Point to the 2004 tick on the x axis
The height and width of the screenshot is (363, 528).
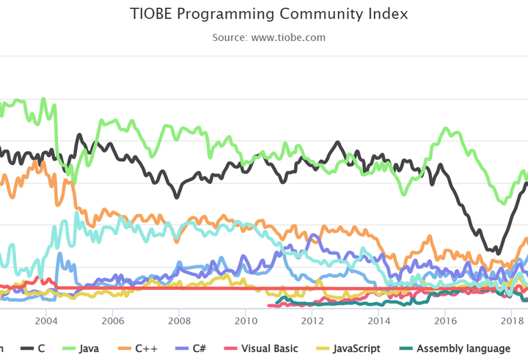(x=45, y=321)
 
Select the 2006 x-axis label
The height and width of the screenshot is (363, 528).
(x=112, y=321)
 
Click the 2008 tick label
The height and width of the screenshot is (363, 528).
(x=179, y=321)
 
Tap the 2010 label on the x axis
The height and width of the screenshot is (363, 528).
(x=246, y=321)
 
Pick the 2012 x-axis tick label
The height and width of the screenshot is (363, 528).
(x=312, y=321)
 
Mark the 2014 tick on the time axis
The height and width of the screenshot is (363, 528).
(x=379, y=321)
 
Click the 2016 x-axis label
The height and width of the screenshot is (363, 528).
(x=445, y=321)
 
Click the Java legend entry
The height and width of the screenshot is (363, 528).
(x=87, y=348)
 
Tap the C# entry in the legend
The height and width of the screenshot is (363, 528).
(x=198, y=348)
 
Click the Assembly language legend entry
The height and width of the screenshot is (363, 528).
(x=462, y=348)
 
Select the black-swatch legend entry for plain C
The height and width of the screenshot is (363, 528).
(x=41, y=348)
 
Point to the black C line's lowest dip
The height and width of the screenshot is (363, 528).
(x=498, y=253)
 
